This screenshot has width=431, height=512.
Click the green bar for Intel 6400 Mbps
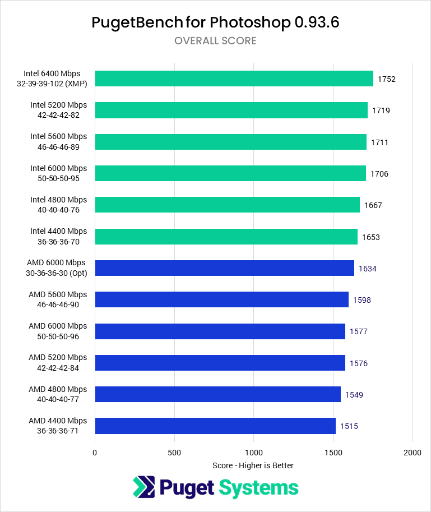234,79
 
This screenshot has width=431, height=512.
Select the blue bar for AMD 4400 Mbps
215,426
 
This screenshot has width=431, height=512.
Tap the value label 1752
387,79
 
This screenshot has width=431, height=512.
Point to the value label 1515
349,426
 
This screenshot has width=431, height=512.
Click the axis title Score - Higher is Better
253,465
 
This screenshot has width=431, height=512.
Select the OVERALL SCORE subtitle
215,41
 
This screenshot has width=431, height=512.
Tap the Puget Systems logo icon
144,487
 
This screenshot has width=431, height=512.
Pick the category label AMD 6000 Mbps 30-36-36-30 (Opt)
58,268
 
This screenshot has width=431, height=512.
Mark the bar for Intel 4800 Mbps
227,205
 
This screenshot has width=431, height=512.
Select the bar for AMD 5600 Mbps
221,299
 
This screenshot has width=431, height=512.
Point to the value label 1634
368,269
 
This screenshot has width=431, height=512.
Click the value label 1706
379,174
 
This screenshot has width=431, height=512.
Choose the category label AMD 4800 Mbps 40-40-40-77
58,394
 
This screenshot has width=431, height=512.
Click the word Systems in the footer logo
258,487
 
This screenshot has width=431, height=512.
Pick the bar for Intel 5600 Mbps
230,142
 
